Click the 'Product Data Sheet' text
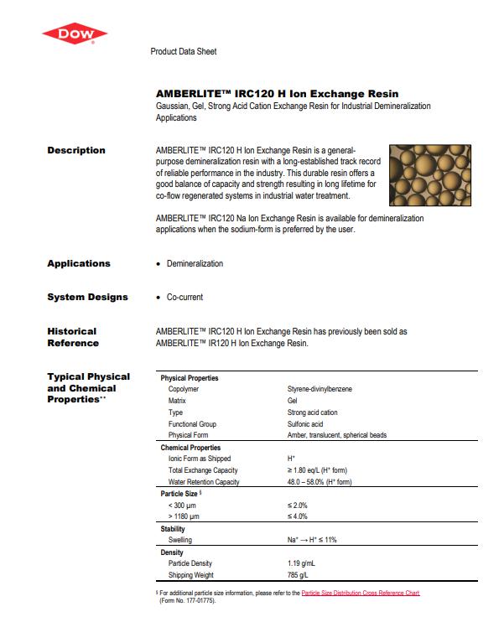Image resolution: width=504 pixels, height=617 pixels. tap(183, 51)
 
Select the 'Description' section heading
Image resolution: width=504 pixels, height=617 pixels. tap(76, 150)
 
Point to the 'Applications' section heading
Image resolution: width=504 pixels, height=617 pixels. tap(79, 263)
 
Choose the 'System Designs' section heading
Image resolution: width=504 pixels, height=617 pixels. tap(87, 297)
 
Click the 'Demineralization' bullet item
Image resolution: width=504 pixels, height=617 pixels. tap(195, 263)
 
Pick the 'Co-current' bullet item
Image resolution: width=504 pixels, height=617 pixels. tap(184, 297)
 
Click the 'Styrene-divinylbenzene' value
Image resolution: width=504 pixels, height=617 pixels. tap(320, 389)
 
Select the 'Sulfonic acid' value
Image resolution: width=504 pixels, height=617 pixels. tap(305, 424)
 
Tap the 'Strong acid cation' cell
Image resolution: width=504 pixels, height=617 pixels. tap(314, 412)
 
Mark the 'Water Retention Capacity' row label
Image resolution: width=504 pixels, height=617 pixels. tap(204, 482)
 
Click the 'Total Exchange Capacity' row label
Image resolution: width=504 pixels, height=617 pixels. tap(203, 470)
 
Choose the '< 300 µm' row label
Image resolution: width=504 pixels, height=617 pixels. tap(183, 506)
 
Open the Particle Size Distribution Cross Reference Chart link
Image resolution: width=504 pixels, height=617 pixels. tap(361, 593)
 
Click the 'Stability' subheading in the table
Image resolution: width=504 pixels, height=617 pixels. tap(174, 529)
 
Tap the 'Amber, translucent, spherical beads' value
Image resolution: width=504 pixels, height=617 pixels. tap(335, 436)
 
